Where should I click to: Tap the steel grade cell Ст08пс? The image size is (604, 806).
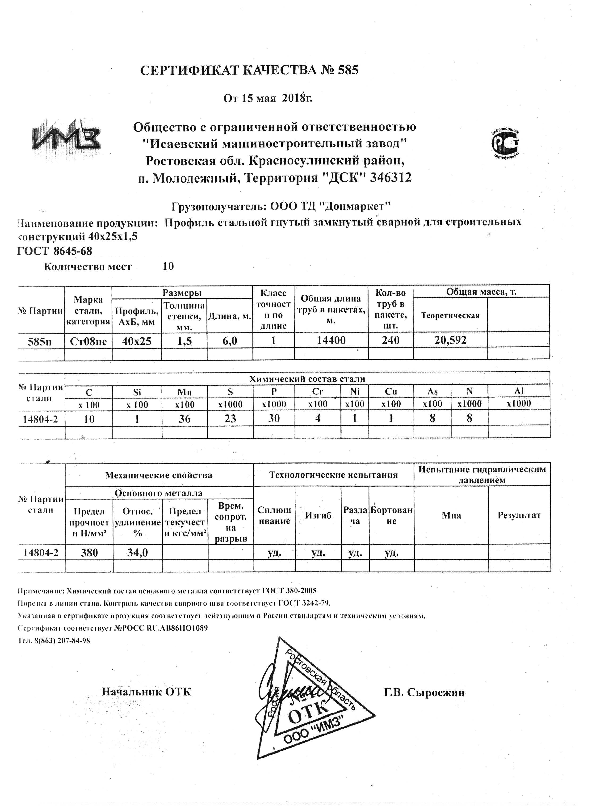pos(88,341)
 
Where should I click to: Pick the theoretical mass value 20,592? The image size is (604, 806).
pos(450,340)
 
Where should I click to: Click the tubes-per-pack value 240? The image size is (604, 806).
pos(390,340)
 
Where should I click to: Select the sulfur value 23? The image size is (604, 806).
pos(230,418)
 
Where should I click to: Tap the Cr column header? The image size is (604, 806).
pos(318,392)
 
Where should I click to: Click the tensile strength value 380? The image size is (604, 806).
pos(89,553)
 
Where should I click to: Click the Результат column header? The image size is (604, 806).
pos(519,515)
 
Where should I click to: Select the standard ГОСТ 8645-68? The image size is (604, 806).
pos(55,251)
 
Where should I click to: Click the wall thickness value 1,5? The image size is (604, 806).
pos(184,341)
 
